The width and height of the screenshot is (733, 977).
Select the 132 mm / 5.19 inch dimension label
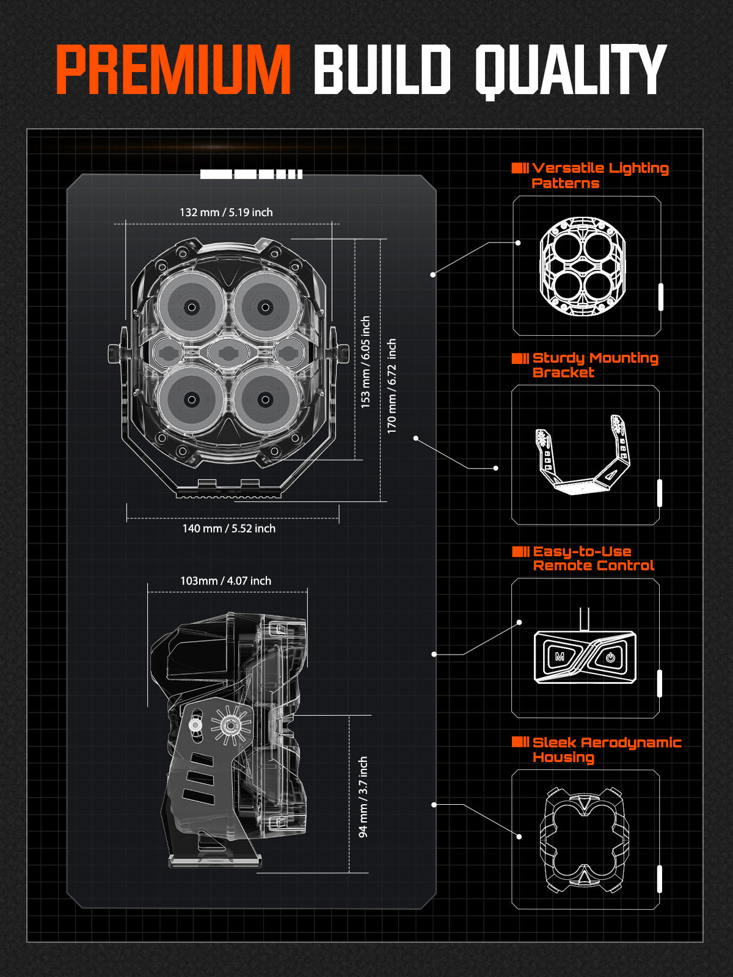click(226, 212)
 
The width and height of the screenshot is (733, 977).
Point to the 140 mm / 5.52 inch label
click(228, 528)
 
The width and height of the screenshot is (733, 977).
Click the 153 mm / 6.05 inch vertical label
click(365, 362)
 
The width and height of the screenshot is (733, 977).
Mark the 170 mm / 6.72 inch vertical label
click(392, 386)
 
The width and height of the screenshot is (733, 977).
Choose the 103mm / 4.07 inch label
click(225, 581)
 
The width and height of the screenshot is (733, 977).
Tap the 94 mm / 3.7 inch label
click(363, 796)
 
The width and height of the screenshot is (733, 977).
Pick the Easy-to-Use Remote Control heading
click(593, 558)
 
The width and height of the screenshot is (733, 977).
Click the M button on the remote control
click(560, 657)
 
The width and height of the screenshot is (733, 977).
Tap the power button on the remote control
click(610, 658)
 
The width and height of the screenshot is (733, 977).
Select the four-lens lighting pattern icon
click(583, 267)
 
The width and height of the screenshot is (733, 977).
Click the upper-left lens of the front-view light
click(192, 307)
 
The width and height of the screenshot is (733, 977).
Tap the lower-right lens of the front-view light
click(265, 399)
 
